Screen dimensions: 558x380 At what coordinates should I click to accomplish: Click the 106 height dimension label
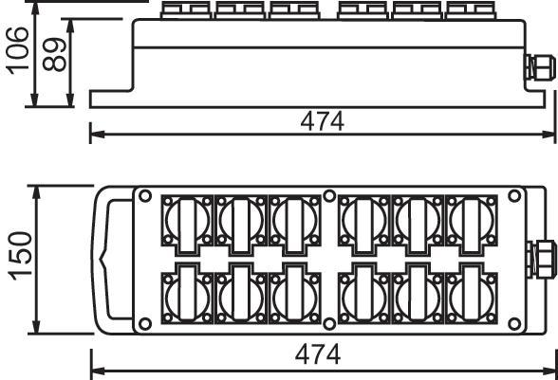tap(18, 50)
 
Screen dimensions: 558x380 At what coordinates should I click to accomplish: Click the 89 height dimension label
tap(54, 54)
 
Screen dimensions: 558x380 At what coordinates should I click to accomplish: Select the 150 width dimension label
tap(20, 256)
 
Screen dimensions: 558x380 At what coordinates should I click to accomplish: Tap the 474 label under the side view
tap(322, 121)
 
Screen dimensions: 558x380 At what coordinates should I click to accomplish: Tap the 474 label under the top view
tap(317, 354)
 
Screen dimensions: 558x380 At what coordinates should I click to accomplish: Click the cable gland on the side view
tap(539, 67)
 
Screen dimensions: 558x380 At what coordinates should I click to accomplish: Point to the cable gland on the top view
tap(541, 260)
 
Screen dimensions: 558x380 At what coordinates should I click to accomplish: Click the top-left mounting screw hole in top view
tap(145, 196)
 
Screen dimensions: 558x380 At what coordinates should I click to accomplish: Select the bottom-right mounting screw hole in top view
tap(514, 324)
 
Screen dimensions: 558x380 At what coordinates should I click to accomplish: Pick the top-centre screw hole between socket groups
tap(329, 196)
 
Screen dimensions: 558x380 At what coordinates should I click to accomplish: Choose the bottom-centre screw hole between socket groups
tap(329, 324)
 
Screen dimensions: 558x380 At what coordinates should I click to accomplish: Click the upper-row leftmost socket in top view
tap(187, 225)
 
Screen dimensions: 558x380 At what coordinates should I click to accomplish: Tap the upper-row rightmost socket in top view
tap(471, 225)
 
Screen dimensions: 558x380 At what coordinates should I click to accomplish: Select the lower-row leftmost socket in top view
tap(187, 294)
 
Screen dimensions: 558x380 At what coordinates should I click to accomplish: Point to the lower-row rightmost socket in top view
tap(471, 294)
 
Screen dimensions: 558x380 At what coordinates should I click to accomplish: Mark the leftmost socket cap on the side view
tap(186, 10)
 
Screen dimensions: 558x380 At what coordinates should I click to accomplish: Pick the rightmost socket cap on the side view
tap(470, 10)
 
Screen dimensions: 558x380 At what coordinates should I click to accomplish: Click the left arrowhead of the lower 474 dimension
tap(98, 371)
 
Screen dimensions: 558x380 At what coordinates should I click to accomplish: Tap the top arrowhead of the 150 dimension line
tap(36, 194)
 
